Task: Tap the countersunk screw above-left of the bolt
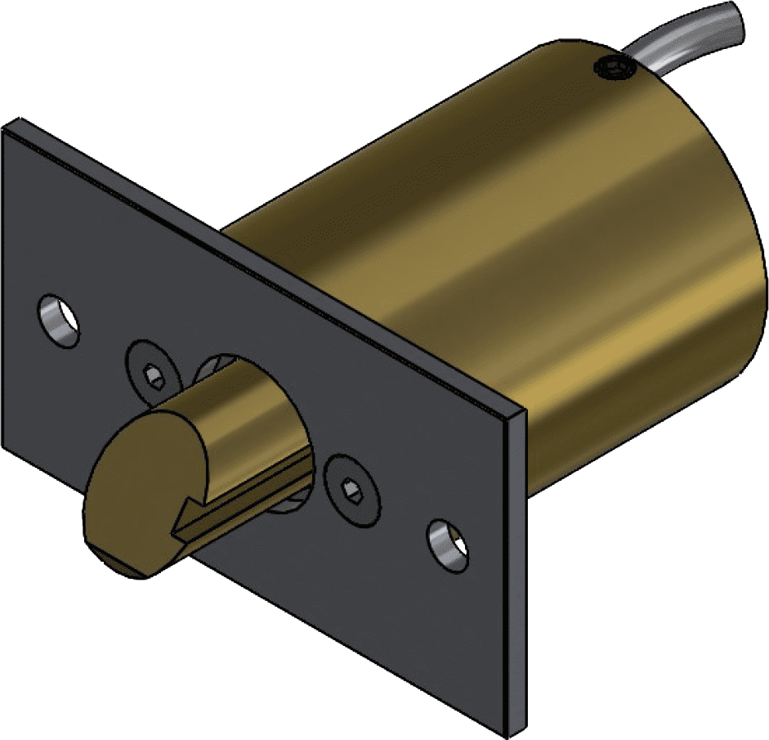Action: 152,374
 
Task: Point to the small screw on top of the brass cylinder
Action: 612,70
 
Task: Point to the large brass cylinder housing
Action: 507,245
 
